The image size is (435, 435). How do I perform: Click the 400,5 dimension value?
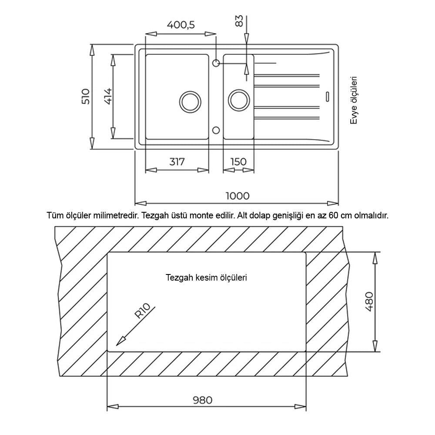tap(181, 25)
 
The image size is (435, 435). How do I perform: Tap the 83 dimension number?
tap(239, 21)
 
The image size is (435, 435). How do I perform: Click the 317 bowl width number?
tap(177, 161)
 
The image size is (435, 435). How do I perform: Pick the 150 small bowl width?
tap(238, 161)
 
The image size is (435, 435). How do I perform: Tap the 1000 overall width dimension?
tap(238, 196)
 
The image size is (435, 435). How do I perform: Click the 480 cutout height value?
tap(369, 301)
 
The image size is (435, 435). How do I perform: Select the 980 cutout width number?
tap(202, 400)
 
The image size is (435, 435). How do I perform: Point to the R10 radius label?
tap(142, 311)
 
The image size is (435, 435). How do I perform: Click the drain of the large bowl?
tap(190, 101)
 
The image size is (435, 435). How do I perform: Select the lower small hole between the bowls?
tap(216, 130)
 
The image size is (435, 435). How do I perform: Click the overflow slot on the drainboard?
tap(328, 96)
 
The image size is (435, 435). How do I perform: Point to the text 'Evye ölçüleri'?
tap(354, 100)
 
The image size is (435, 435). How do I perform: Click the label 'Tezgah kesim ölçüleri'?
tap(206, 278)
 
